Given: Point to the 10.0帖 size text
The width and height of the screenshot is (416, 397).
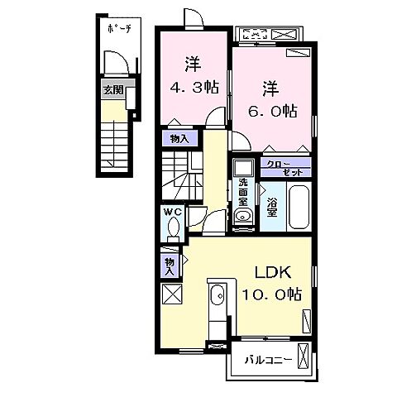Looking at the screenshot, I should click(x=271, y=295).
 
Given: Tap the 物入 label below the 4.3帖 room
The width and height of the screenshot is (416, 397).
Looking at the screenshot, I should click(x=178, y=139).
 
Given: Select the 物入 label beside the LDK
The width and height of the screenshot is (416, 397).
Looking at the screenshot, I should click(x=169, y=264).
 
